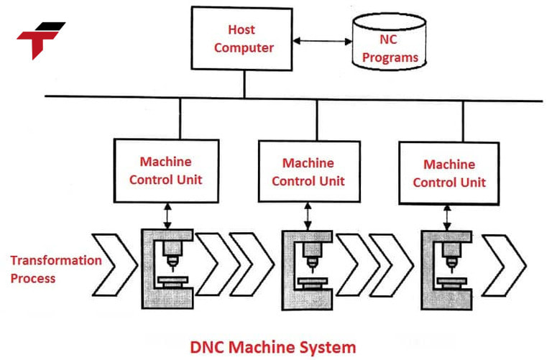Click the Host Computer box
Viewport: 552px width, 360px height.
tap(242, 39)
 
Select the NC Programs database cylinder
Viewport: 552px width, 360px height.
tap(389, 44)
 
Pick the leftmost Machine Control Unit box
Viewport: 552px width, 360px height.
tap(165, 171)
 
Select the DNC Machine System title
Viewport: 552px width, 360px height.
tap(272, 347)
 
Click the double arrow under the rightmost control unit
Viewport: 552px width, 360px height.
tap(449, 216)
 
